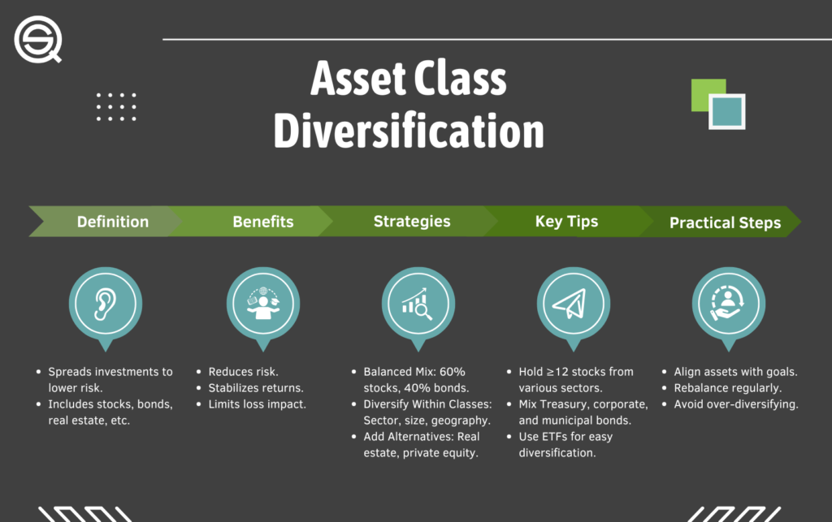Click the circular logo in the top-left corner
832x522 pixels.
click(x=37, y=39)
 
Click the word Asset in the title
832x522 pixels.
click(x=358, y=79)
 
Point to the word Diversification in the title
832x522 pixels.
click(x=409, y=131)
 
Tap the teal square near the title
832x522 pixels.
click(x=727, y=111)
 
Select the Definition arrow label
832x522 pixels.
click(x=112, y=222)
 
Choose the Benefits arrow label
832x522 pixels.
click(x=263, y=222)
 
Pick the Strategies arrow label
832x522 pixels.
click(x=412, y=222)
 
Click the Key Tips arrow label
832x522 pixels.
click(x=566, y=222)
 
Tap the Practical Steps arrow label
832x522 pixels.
click(x=726, y=222)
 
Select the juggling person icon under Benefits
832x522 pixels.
click(x=263, y=304)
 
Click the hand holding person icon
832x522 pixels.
click(x=728, y=303)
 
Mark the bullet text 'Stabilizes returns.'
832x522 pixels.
click(x=256, y=388)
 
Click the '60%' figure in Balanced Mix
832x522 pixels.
click(x=452, y=372)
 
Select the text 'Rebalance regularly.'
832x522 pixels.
click(x=727, y=388)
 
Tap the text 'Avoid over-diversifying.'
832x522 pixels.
click(x=736, y=404)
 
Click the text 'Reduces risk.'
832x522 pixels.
click(x=243, y=372)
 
